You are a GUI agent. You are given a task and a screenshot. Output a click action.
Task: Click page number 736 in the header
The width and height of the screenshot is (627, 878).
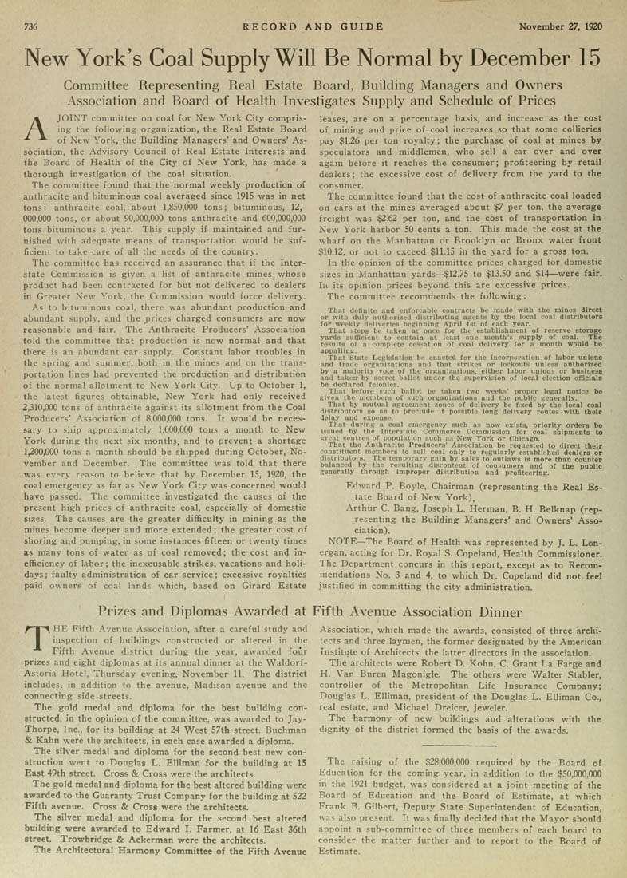coord(30,26)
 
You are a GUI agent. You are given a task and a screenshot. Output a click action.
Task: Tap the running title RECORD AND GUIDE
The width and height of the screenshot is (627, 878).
coord(313,26)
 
